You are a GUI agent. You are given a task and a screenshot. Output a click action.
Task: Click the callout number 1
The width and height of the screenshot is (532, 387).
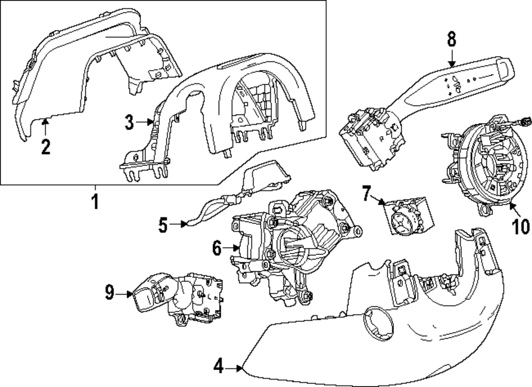pyautogui.click(x=95, y=201)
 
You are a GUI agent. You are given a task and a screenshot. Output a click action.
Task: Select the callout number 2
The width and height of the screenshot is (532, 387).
pyautogui.click(x=46, y=147)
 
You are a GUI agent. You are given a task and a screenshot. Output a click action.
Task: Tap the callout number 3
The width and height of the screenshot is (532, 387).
pyautogui.click(x=129, y=122)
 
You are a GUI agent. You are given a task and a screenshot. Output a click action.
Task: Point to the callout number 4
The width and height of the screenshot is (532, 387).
pyautogui.click(x=219, y=366)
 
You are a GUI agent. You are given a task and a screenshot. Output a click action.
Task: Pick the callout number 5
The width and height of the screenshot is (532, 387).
pyautogui.click(x=163, y=225)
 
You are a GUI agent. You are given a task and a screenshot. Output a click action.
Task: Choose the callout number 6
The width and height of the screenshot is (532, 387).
pyautogui.click(x=217, y=248)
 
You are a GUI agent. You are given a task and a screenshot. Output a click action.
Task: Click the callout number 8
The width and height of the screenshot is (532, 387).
pyautogui.click(x=451, y=39)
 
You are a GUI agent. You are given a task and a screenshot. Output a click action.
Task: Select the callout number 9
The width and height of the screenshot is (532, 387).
pyautogui.click(x=109, y=292)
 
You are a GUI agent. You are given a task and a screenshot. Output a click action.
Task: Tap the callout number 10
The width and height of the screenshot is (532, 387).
pyautogui.click(x=520, y=226)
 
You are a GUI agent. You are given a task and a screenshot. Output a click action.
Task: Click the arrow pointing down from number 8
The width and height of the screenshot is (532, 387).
pyautogui.click(x=452, y=58)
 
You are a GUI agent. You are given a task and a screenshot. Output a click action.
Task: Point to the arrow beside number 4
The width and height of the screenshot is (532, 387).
pyautogui.click(x=234, y=368)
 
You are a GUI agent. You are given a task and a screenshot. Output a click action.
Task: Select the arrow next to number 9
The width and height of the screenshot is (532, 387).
pyautogui.click(x=124, y=294)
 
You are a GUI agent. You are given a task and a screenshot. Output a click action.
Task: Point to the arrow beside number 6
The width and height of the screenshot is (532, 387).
pyautogui.click(x=232, y=248)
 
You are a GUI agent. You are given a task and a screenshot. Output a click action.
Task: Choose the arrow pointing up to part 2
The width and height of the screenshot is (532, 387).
pyautogui.click(x=45, y=128)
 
